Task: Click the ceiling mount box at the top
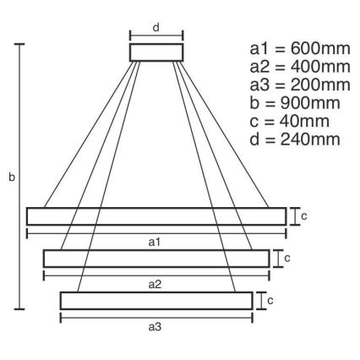(x=155, y=52)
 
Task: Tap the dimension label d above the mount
(x=156, y=27)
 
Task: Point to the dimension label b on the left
(x=11, y=177)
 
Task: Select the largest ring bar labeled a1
(x=156, y=215)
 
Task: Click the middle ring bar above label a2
(x=156, y=258)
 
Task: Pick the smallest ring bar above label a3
(x=156, y=300)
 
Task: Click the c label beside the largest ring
(x=303, y=215)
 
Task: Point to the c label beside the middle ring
(x=286, y=258)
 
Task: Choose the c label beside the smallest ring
(x=270, y=300)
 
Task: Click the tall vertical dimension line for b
(x=20, y=177)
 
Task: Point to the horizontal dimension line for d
(x=155, y=36)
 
